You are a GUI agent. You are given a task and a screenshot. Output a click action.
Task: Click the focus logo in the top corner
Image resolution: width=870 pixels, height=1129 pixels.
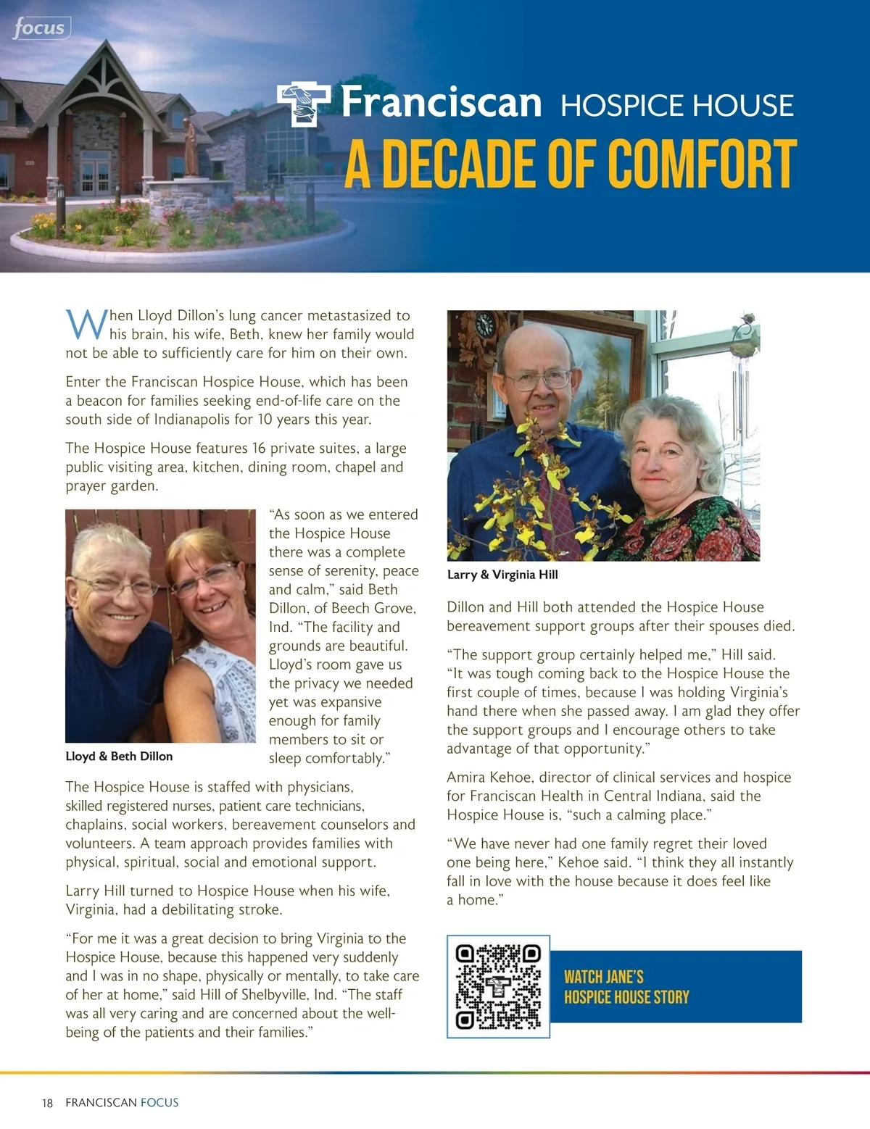click(40, 29)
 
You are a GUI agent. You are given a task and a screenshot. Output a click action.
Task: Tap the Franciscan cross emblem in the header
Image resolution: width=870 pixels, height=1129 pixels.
click(303, 103)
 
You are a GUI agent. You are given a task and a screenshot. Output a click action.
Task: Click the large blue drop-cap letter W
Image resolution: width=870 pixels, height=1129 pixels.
click(86, 324)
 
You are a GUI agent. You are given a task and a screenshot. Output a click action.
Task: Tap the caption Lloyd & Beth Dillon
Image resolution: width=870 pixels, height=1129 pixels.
click(119, 756)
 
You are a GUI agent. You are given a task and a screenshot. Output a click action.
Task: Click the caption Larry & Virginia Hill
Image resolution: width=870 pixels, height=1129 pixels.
click(502, 575)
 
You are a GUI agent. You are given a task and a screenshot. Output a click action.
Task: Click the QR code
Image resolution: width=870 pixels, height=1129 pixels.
click(498, 986)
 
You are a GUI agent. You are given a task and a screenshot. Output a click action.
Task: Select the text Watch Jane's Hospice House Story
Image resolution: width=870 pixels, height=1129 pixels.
click(626, 987)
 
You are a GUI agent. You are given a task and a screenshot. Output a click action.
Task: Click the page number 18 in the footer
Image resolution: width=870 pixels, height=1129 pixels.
click(47, 1103)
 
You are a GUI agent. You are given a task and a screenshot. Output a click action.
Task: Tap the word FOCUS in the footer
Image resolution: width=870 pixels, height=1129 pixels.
click(159, 1103)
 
